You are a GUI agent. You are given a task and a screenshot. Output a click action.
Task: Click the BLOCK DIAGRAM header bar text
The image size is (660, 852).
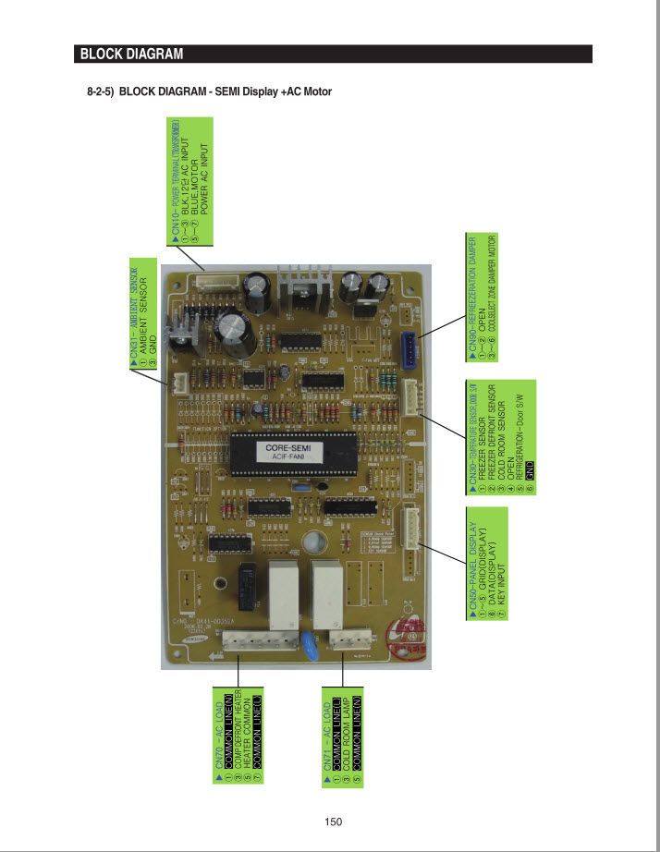click(x=131, y=54)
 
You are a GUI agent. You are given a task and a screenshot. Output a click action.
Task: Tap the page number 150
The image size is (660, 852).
click(x=334, y=822)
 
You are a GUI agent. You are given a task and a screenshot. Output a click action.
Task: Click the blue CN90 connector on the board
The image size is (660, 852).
click(x=409, y=348)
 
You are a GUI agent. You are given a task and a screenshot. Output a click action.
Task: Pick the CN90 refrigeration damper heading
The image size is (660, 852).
click(x=472, y=295)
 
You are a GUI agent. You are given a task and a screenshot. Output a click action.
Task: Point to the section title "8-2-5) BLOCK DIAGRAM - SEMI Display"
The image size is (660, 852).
click(x=208, y=91)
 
